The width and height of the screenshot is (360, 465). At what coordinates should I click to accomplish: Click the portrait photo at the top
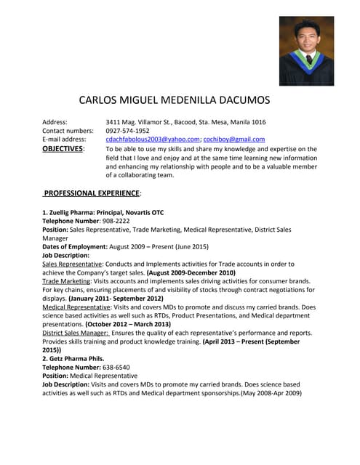tap(306, 51)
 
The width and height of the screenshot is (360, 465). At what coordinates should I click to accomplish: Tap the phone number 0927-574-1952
tap(127, 130)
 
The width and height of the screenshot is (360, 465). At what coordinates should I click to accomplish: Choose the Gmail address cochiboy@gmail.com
tap(234, 139)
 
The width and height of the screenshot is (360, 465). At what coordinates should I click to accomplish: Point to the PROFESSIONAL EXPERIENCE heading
tap(92, 193)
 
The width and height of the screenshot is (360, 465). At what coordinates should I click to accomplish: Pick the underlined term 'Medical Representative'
tap(76, 307)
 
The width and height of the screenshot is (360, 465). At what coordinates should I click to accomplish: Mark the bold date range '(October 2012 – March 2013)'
tap(128, 325)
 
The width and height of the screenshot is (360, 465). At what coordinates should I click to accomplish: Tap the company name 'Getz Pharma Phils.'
tap(77, 359)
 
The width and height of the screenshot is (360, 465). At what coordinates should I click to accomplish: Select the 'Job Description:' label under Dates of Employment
tap(65, 256)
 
